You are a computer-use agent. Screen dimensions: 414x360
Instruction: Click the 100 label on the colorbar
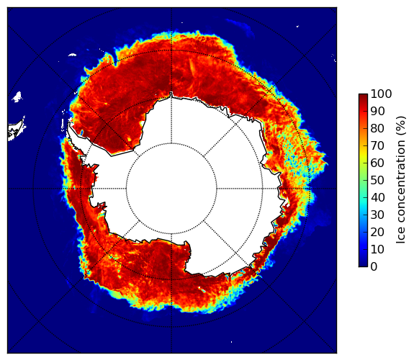382,94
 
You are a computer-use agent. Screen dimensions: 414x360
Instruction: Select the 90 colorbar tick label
378,111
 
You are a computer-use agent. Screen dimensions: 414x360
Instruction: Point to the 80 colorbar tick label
378,128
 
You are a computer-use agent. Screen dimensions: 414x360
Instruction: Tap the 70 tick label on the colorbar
378,145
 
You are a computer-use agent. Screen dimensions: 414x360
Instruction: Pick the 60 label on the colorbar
378,163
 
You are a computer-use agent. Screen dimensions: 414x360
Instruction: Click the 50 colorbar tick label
378,181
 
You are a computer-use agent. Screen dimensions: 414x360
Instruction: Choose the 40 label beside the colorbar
378,197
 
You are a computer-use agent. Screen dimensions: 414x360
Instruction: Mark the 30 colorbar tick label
378,215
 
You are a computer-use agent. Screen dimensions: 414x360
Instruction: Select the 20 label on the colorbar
378,232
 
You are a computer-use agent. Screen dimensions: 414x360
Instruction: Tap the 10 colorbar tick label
378,249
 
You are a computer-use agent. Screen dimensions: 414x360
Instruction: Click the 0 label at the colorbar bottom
374,267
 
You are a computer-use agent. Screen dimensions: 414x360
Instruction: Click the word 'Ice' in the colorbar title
401,237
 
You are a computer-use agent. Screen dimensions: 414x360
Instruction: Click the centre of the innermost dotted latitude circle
171,143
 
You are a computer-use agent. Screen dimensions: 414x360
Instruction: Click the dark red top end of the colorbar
363,96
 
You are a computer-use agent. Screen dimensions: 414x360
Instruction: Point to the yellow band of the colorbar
363,157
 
